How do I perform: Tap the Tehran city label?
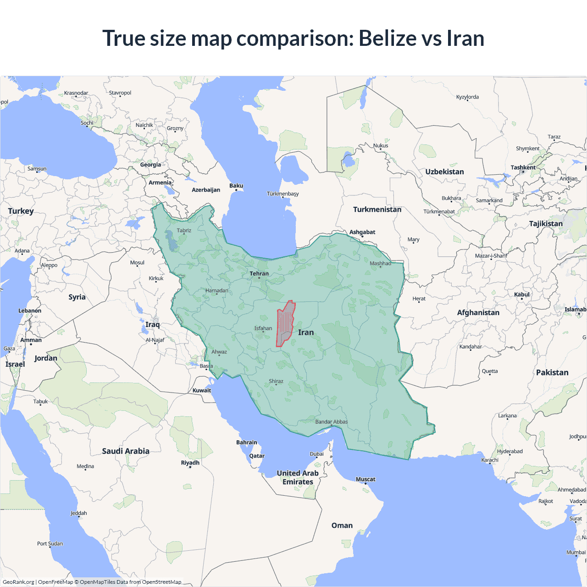(259, 274)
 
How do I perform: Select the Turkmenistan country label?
(377, 210)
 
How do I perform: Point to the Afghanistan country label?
(478, 313)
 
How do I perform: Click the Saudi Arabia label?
(125, 451)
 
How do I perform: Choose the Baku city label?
(236, 186)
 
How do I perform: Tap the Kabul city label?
(521, 294)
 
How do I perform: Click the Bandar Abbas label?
(331, 422)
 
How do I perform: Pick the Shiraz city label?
(276, 381)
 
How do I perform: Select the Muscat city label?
(365, 479)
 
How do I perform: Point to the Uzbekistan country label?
(444, 172)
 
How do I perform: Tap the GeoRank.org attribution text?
(18, 582)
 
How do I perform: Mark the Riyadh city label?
(190, 463)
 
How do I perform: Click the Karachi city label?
(489, 460)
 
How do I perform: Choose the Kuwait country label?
(202, 391)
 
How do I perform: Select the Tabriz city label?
(184, 231)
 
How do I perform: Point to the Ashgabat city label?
(362, 232)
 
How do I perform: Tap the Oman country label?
(342, 526)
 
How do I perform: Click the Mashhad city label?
(380, 263)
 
